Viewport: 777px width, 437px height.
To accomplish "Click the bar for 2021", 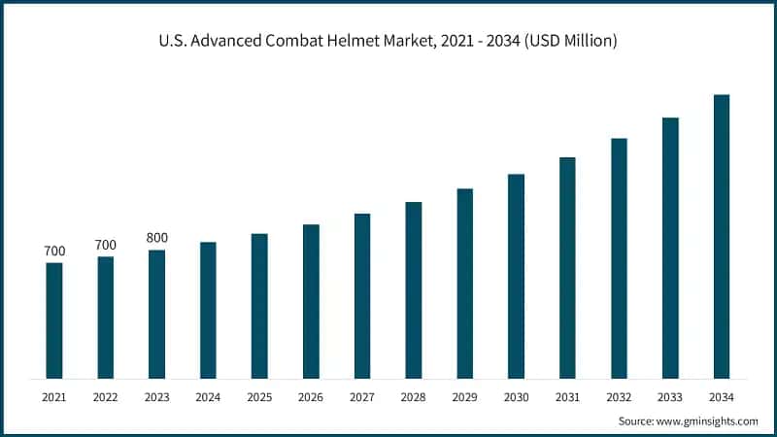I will coord(54,320).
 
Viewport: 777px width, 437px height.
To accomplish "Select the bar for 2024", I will coord(208,310).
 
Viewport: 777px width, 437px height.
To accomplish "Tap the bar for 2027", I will coord(362,295).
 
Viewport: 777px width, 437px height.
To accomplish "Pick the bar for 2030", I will coord(516,276).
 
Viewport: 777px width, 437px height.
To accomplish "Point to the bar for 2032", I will coord(619,257).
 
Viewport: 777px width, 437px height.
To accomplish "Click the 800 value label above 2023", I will coord(156,237).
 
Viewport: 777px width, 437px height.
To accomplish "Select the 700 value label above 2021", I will coord(54,251).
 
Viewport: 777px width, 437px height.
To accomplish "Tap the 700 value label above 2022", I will coord(106,244).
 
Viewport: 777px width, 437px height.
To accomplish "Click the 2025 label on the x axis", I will coord(259,397).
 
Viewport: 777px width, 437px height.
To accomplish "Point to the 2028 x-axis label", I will coord(414,397).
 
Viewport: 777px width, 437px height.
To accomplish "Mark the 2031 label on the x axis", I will coord(567,397).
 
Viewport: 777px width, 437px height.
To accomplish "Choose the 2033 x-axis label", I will coord(670,397).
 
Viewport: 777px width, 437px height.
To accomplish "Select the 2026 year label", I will coord(311,397).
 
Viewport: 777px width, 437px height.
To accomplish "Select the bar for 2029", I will coord(465,284).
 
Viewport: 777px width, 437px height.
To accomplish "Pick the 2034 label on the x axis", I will coord(722,397).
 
